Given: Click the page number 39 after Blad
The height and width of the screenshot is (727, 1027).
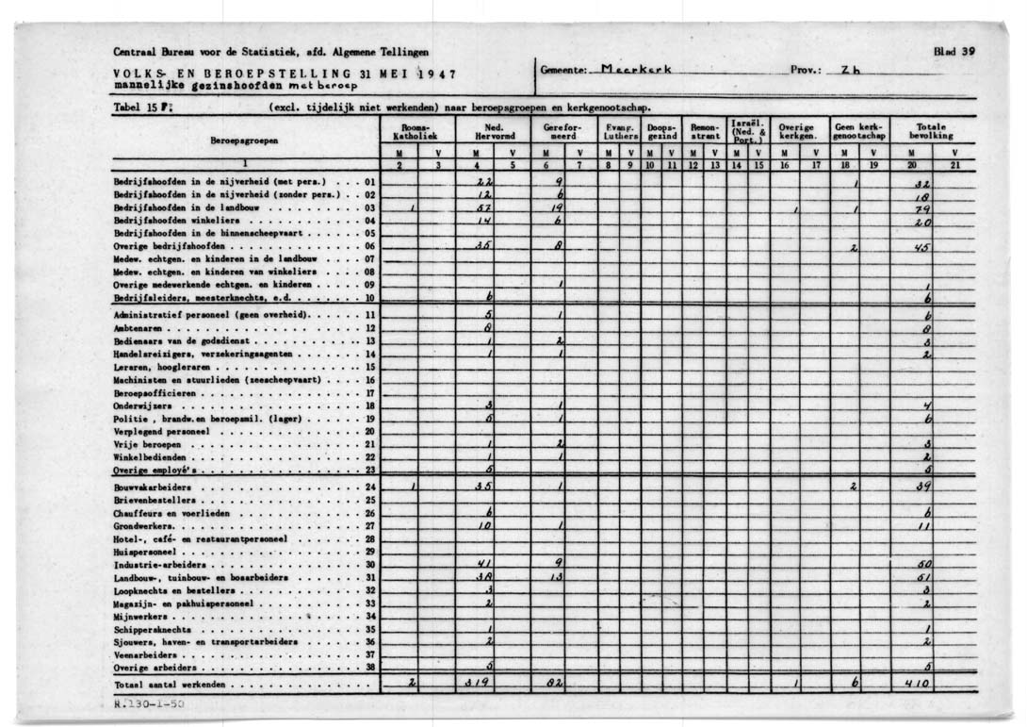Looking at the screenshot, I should click(x=968, y=52).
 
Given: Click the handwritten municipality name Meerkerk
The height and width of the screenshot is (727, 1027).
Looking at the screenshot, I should click(x=637, y=69).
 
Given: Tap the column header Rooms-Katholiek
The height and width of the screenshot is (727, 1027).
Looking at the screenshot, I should click(x=416, y=131).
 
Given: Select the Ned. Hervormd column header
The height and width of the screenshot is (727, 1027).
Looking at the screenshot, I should click(x=493, y=131).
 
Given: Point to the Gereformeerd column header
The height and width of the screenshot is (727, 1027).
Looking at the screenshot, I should click(x=563, y=131).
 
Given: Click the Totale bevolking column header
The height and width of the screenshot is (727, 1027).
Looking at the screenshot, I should click(x=932, y=131).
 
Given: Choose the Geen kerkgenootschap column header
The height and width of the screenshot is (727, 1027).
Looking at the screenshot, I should click(x=856, y=131).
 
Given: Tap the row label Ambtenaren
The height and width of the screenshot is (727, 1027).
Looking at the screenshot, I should click(x=134, y=327).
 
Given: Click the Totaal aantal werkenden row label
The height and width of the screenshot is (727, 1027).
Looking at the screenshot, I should click(x=170, y=685).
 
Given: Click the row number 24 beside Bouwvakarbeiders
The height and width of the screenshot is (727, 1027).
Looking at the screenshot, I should click(x=370, y=487).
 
